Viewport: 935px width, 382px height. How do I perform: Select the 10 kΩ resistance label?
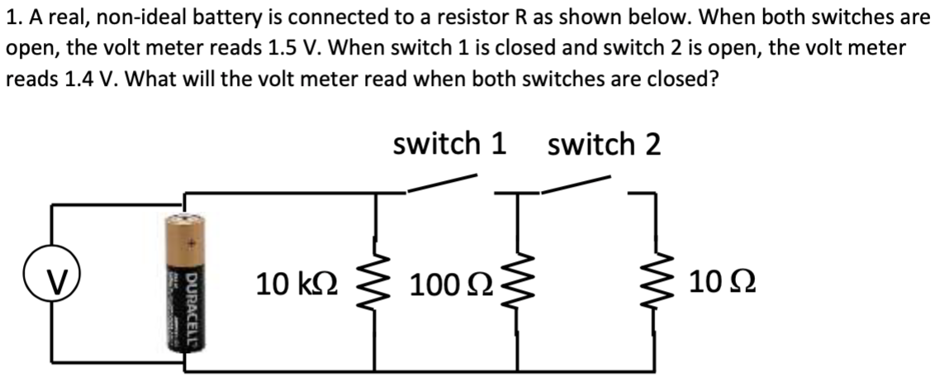tap(296, 285)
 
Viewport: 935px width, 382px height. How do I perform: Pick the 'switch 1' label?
tap(449, 145)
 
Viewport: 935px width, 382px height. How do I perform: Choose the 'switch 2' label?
tap(604, 145)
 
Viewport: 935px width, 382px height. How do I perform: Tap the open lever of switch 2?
tap(576, 184)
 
